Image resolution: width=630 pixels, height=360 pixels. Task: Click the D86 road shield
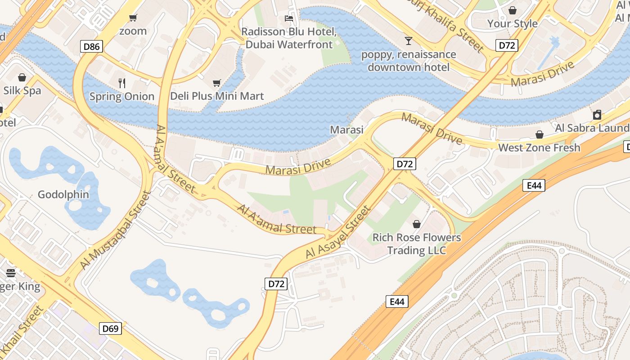[x=92, y=46]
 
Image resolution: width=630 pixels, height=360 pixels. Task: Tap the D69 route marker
[x=110, y=328]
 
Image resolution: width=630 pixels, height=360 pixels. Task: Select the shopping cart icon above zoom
[x=133, y=18]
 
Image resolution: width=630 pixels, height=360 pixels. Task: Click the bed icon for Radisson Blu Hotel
[x=289, y=18]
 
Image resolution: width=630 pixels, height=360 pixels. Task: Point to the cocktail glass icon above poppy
[x=408, y=41]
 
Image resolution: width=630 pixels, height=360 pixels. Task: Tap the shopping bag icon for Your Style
[x=512, y=10]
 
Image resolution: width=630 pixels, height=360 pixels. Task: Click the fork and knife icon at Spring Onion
[x=121, y=83]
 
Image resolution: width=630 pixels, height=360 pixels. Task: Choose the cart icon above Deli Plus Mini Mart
[x=217, y=83]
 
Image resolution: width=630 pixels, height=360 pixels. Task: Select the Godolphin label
[x=63, y=195]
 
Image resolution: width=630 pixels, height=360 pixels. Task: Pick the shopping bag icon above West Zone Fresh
[x=539, y=135]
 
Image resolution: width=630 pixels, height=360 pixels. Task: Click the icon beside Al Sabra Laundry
[x=597, y=115]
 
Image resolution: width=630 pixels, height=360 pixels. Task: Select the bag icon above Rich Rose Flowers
[x=417, y=224]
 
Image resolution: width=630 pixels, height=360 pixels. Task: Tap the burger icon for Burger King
[x=11, y=273]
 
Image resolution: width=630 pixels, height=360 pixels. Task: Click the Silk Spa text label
[x=22, y=90]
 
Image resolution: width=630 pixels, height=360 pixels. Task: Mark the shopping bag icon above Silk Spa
[x=22, y=77]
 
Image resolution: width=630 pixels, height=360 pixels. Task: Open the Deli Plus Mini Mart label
[x=217, y=96]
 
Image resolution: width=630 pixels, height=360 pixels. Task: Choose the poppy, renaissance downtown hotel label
[x=409, y=61]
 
